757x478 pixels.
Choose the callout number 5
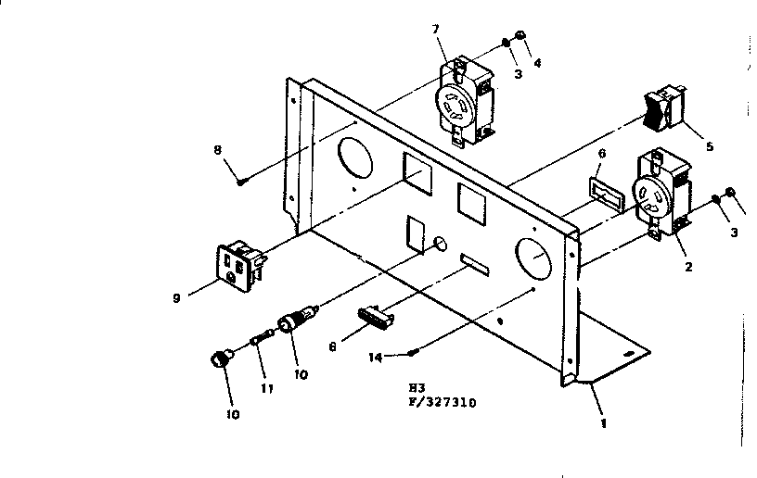[x=710, y=145]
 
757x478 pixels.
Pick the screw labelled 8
[x=240, y=182]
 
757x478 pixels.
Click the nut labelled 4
[x=522, y=36]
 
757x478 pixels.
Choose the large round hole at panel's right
[x=532, y=260]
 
